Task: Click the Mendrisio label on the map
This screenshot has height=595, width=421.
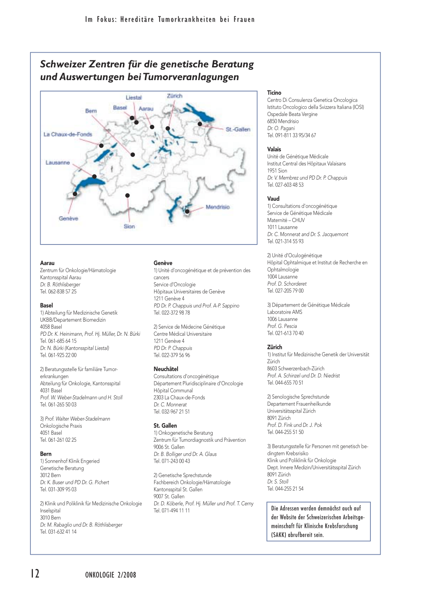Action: pos(217,207)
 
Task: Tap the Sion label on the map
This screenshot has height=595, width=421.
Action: pos(129,226)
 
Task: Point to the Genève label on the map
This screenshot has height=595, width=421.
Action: pos(68,219)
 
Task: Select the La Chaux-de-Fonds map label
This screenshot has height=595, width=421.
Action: pos(68,134)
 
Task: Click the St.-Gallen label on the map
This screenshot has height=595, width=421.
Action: pos(238,129)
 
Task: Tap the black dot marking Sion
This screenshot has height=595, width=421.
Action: pos(127,195)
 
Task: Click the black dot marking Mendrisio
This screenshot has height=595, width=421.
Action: pos(187,212)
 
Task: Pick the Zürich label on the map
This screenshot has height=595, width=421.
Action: pos(174,96)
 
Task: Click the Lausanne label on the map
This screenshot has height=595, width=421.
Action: pos(58,163)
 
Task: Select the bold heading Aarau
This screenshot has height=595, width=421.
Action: pos(47,263)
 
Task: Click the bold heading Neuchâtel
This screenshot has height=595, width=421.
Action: pos(166,369)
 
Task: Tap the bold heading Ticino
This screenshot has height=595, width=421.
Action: pos(274,93)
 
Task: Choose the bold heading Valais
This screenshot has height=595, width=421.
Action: pos(274,150)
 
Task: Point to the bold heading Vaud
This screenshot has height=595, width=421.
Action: pos(273,199)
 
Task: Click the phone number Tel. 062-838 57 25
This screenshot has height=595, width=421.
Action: pos(58,292)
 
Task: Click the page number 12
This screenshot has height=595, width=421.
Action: pos(35,573)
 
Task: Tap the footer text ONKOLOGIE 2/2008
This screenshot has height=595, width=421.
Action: pos(110,575)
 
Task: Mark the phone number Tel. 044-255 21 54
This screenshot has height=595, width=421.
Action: pos(285,489)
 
